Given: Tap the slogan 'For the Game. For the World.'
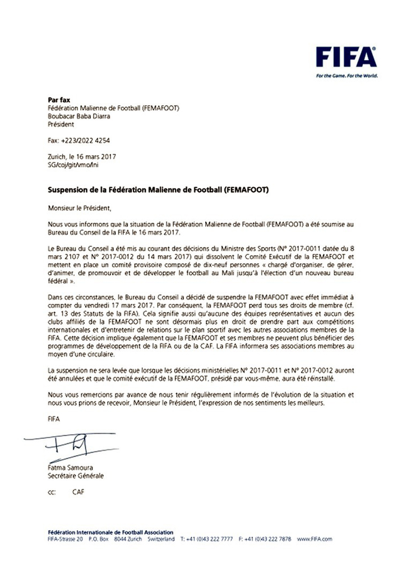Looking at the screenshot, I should point(346,76).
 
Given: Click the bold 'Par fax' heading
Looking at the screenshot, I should point(59,100).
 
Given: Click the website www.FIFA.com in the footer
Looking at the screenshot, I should point(315,539).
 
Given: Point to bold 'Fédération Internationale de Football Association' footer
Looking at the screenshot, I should point(111,531).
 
